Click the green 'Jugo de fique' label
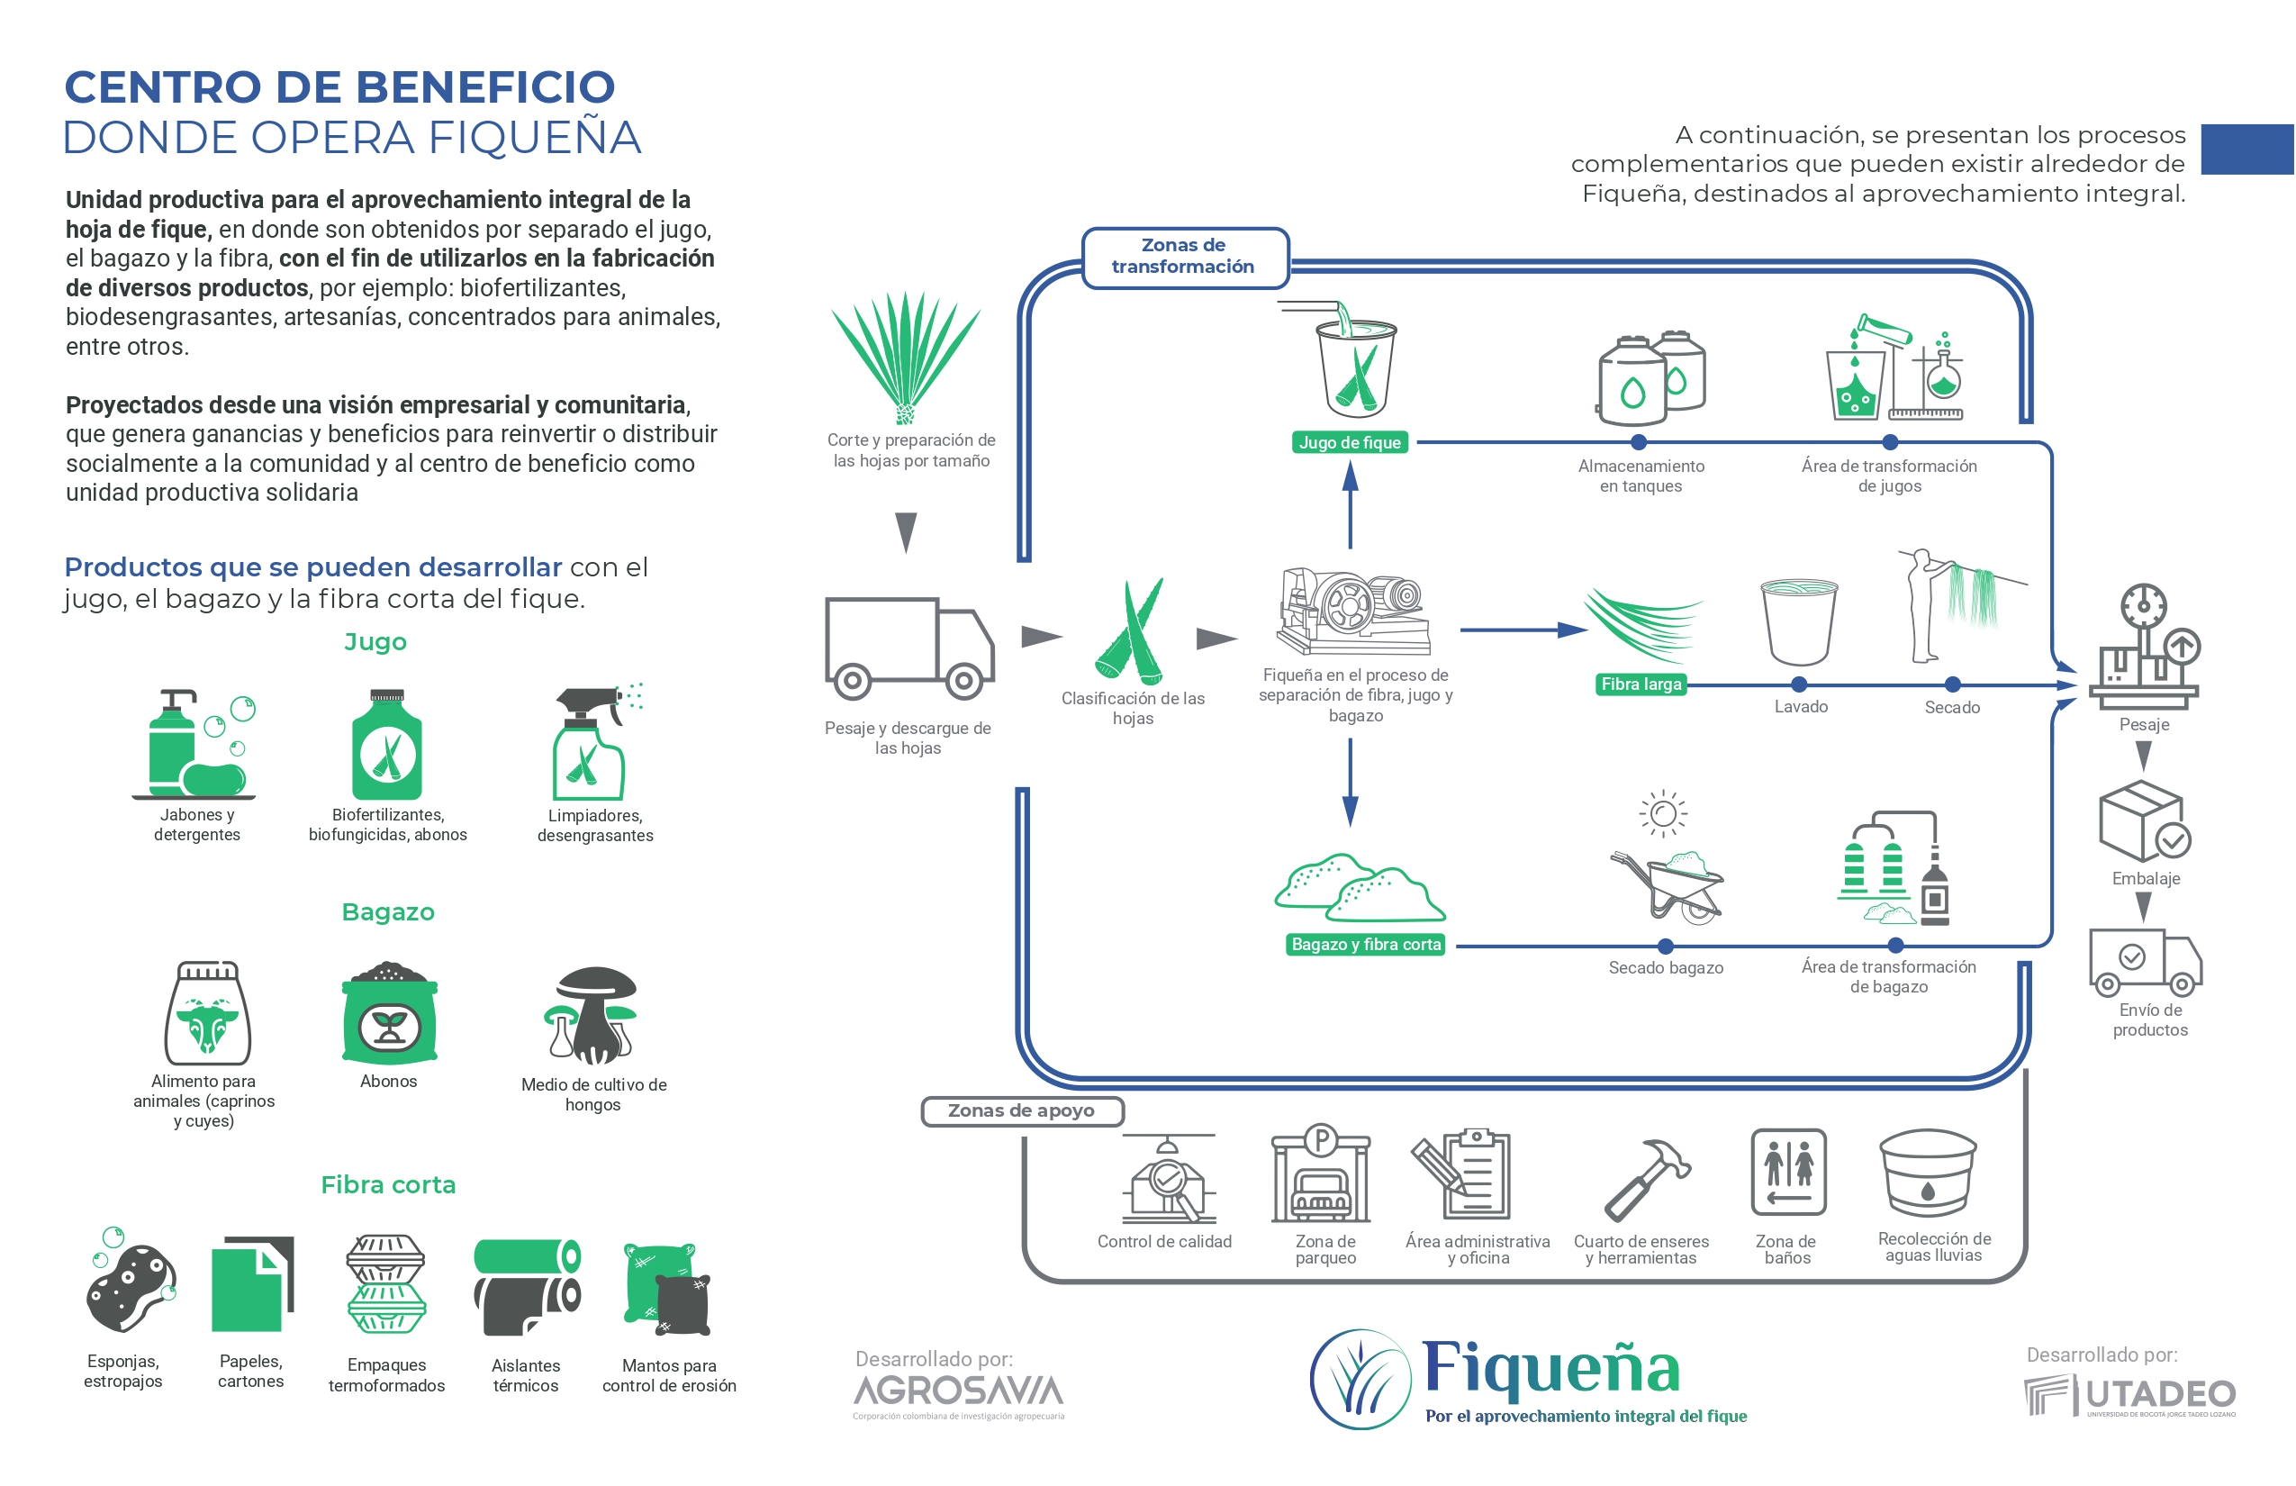pyautogui.click(x=1350, y=443)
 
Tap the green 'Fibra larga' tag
pyautogui.click(x=1640, y=684)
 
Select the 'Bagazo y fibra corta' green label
pyautogui.click(x=1365, y=945)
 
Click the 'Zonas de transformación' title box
pyautogui.click(x=1184, y=257)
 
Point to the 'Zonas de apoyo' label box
pyautogui.click(x=1022, y=1110)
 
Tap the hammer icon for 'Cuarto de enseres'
pyautogui.click(x=1646, y=1179)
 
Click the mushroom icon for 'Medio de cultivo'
pyautogui.click(x=592, y=1016)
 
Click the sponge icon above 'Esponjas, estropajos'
pyautogui.click(x=131, y=1285)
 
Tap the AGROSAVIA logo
pyautogui.click(x=958, y=1392)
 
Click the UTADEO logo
pyautogui.click(x=2129, y=1395)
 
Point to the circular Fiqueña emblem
pyautogui.click(x=1361, y=1380)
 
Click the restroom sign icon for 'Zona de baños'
pyautogui.click(x=1787, y=1172)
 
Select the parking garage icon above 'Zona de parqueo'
pyautogui.click(x=1321, y=1175)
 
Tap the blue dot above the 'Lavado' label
pyautogui.click(x=1798, y=685)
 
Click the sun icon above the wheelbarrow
pyautogui.click(x=1662, y=813)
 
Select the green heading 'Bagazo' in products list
pyautogui.click(x=388, y=911)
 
